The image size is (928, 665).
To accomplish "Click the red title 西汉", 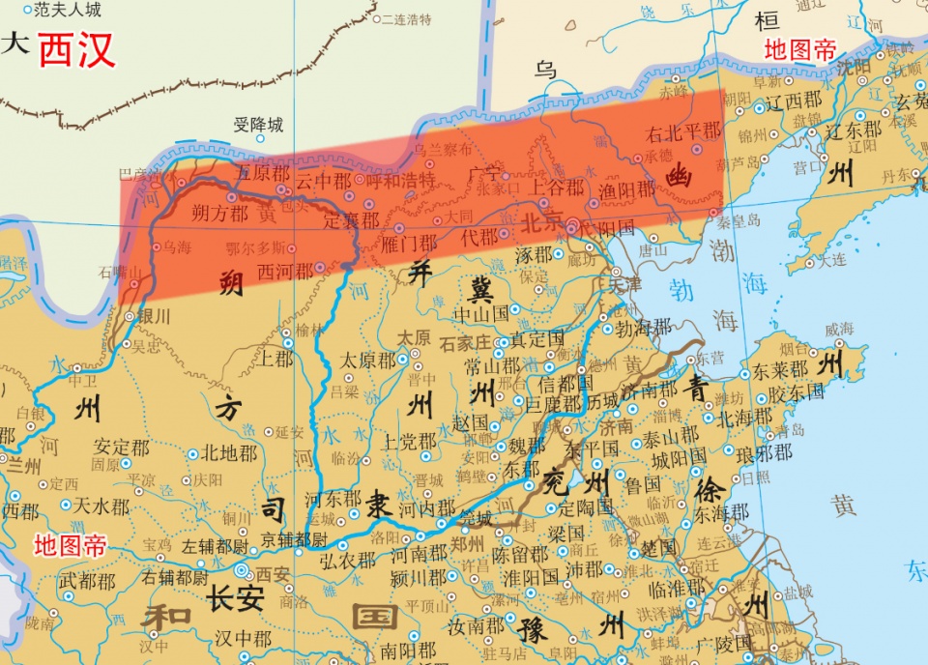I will [x=76, y=49].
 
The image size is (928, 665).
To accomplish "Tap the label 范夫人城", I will [x=67, y=12].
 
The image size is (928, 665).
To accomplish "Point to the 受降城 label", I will [x=259, y=125].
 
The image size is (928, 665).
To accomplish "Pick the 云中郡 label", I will [x=323, y=181].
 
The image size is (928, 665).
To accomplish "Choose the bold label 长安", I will [x=235, y=598].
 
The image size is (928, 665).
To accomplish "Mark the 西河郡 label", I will [x=286, y=272].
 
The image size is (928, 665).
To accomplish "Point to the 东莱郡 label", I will [x=780, y=370].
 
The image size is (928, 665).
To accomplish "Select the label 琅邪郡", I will [x=763, y=451].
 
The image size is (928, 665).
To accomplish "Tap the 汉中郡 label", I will [x=244, y=639].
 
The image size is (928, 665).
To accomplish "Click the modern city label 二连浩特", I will [x=407, y=19].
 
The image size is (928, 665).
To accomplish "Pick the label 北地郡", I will [x=229, y=452].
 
